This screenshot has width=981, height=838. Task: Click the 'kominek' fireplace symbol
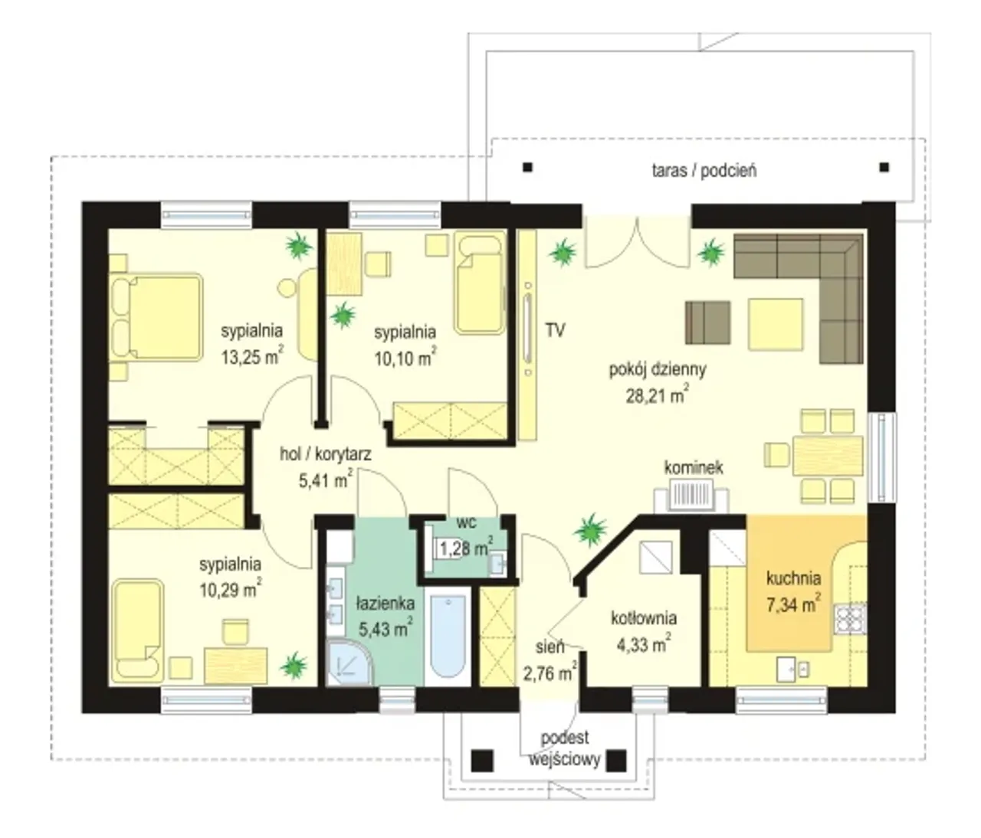[691, 495]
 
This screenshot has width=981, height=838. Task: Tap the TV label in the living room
[555, 330]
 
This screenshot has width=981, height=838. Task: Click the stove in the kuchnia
[850, 618]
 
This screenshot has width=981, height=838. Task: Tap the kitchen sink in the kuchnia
[792, 669]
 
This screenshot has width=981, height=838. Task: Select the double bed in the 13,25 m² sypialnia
[156, 317]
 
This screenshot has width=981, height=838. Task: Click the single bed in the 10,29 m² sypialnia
[138, 630]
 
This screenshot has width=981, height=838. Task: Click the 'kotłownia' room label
[644, 618]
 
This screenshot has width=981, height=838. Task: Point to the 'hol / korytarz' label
[326, 454]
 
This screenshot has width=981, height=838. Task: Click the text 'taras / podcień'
[704, 170]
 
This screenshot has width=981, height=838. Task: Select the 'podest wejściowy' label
[565, 749]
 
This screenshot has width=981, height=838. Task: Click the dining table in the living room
[827, 456]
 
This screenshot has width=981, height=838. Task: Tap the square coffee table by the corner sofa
[776, 324]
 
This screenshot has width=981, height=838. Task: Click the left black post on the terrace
[527, 168]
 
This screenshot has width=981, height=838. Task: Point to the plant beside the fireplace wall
[590, 530]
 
